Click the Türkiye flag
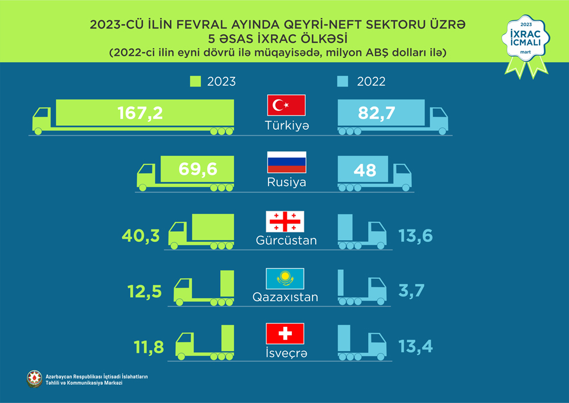pyautogui.click(x=286, y=106)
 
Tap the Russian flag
pyautogui.click(x=287, y=162)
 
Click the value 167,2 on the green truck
pyautogui.click(x=140, y=113)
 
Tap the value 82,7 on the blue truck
pyautogui.click(x=377, y=113)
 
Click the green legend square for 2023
pyautogui.click(x=195, y=82)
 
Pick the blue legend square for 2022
pyautogui.click(x=343, y=82)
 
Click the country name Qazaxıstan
pyautogui.click(x=285, y=297)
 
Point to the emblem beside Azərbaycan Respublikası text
pyautogui.click(x=34, y=379)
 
